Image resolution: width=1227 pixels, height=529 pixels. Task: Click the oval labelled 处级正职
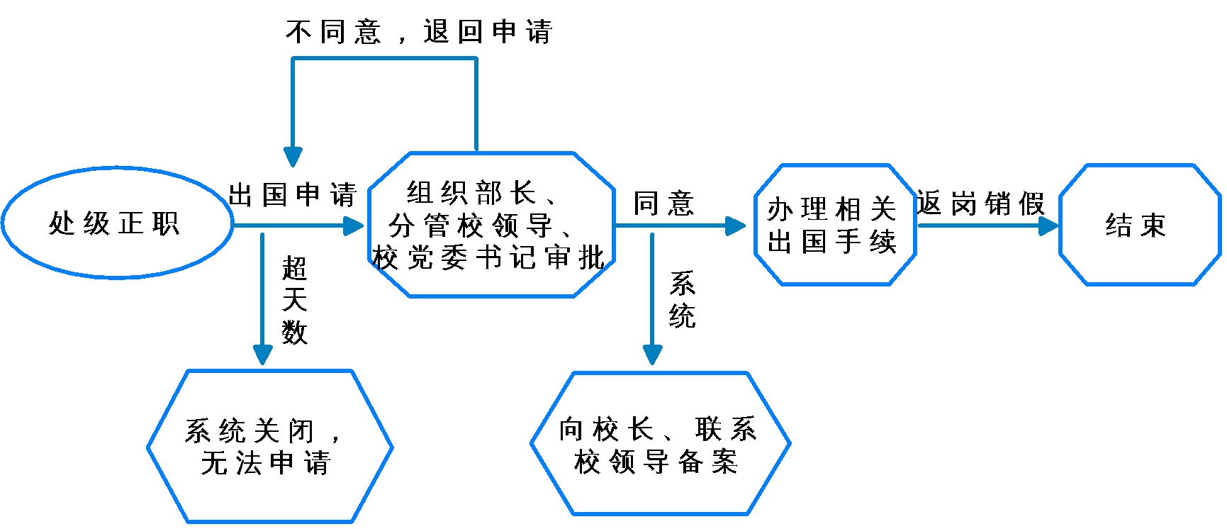click(118, 223)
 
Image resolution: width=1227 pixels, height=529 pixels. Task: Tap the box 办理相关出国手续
click(834, 225)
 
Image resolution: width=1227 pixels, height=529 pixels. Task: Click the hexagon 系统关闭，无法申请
click(269, 447)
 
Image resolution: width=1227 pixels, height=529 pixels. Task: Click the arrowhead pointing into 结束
click(1048, 226)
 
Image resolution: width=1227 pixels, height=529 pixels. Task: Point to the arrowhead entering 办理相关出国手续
click(735, 226)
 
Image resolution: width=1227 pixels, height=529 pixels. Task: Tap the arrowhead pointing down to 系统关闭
click(262, 353)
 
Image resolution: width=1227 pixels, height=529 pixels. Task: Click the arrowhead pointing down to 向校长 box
click(652, 354)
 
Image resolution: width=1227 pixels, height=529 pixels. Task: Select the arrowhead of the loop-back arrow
click(293, 156)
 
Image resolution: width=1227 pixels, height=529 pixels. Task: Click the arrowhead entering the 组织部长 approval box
click(353, 226)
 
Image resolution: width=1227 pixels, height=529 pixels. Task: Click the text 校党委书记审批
click(489, 257)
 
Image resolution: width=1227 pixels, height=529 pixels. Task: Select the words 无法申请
click(267, 463)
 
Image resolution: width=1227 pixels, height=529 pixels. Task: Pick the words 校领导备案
click(656, 462)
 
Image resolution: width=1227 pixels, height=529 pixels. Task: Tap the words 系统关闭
click(248, 430)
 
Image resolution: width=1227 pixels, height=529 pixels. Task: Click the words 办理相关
click(832, 209)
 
